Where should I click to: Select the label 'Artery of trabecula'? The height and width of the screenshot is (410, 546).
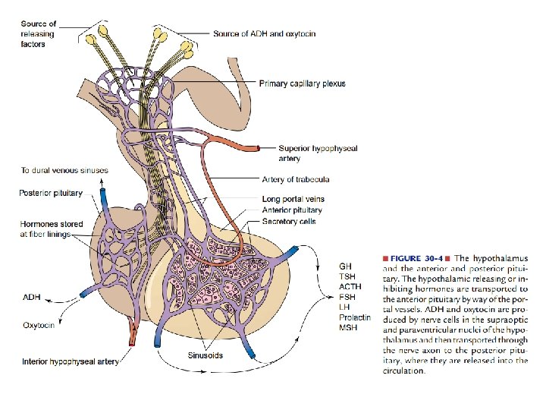coord(295,179)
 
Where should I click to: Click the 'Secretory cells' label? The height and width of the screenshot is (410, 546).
coord(288,221)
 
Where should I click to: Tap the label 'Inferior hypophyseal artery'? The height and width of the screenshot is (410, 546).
coord(71,362)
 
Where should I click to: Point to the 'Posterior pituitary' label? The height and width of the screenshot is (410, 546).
coord(51,194)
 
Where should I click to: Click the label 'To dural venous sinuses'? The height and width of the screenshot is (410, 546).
coord(64,170)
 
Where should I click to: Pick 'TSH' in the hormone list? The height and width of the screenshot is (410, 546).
coord(346,277)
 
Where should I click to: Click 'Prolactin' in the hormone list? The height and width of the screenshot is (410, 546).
coord(354,317)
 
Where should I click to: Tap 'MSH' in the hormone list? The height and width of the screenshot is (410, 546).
coord(347,327)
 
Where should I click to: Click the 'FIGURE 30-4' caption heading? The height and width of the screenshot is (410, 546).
coord(420,259)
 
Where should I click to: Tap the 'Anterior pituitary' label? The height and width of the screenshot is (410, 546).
coord(292,210)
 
